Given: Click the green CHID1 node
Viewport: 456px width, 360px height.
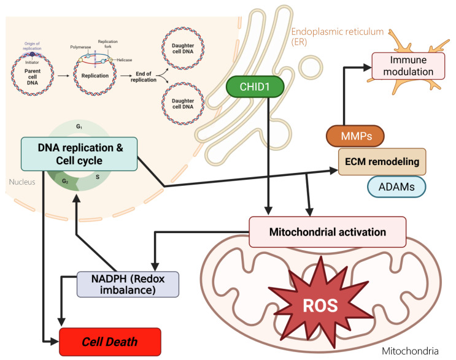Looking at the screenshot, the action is click(255, 86).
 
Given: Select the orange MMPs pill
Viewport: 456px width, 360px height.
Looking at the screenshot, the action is click(355, 136).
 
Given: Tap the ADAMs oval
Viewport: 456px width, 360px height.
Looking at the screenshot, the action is click(396, 186).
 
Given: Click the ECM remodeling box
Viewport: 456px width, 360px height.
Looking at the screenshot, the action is click(382, 161).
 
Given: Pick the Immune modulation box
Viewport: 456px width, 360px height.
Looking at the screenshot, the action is click(408, 66).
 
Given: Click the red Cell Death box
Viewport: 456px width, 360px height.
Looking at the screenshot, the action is click(110, 342).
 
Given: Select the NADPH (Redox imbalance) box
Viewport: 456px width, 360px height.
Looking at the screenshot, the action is click(128, 284).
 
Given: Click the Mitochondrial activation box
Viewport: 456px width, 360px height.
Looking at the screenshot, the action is click(328, 232).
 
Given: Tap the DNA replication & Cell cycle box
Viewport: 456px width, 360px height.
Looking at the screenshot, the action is click(79, 154).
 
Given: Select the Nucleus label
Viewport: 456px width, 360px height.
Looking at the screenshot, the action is click(22, 182).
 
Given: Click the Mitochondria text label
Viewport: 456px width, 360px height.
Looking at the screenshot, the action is click(410, 351).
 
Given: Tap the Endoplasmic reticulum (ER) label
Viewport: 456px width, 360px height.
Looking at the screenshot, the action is click(338, 36).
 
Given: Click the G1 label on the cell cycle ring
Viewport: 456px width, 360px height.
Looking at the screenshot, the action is click(79, 126).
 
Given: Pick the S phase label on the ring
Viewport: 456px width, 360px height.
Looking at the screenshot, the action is click(98, 177).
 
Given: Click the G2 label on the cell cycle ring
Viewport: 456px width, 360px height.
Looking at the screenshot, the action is click(65, 182).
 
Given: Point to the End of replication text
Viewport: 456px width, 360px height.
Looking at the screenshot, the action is click(144, 77).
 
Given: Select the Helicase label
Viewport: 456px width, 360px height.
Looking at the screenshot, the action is click(125, 60).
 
